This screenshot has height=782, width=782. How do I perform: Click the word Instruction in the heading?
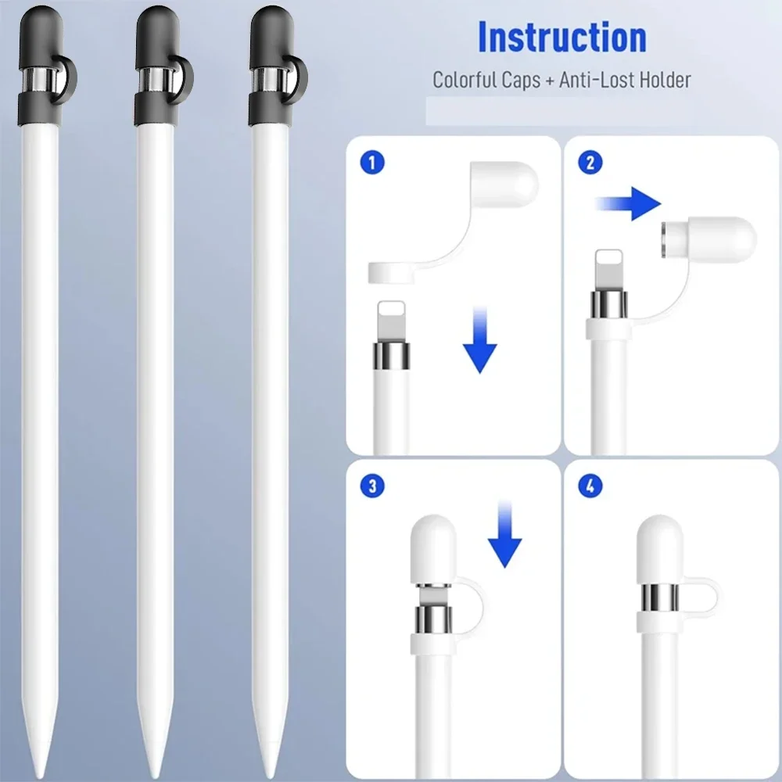click(x=562, y=37)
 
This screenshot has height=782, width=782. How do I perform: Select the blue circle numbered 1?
click(x=372, y=163)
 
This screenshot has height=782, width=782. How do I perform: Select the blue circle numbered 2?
click(x=590, y=163)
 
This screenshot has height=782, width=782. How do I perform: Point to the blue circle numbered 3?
click(x=372, y=486)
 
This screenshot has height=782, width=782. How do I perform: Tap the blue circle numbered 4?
click(x=590, y=486)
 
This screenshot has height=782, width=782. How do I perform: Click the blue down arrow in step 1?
click(x=480, y=340)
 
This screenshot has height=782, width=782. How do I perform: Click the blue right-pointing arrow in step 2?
click(x=629, y=203)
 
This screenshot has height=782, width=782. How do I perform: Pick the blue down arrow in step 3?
click(x=504, y=533)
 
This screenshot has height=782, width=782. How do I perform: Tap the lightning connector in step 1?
click(x=391, y=321)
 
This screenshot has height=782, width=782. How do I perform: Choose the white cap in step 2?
click(x=709, y=239)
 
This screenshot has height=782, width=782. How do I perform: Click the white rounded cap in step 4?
click(x=660, y=550)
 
